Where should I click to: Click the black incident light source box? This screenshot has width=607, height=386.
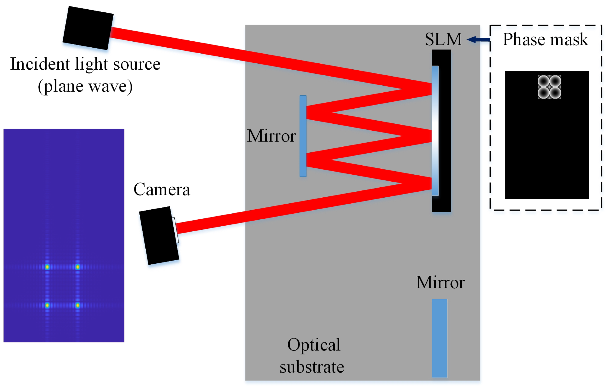88,28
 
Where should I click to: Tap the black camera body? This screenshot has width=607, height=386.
158,235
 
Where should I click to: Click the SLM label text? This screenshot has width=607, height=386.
443,39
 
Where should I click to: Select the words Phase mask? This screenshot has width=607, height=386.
545,39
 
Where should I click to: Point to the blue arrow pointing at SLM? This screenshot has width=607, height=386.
478,40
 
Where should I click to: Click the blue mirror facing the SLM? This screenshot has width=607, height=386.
303,136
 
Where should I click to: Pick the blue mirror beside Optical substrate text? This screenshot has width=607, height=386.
440,338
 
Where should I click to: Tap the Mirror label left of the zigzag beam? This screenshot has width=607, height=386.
271,136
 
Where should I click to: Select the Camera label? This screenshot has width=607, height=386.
162,189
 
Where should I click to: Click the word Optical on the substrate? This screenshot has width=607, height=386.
314,345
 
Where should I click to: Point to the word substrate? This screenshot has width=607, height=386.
312,367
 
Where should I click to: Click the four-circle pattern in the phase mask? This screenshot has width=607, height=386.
549,87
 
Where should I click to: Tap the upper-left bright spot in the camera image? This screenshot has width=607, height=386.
47,267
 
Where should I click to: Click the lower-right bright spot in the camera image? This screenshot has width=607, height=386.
77,305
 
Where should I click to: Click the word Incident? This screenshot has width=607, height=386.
40,64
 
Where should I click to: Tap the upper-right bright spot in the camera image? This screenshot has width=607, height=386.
77,267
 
